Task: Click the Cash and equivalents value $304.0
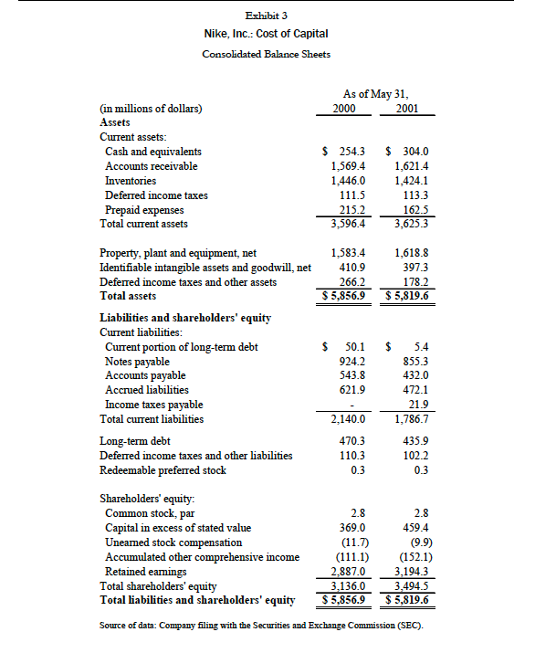(x=409, y=152)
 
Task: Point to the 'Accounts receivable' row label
(x=151, y=166)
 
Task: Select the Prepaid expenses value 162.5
(x=415, y=210)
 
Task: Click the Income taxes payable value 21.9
(x=419, y=405)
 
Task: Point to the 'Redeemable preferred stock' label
(x=163, y=470)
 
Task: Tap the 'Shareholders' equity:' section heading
(x=146, y=500)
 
